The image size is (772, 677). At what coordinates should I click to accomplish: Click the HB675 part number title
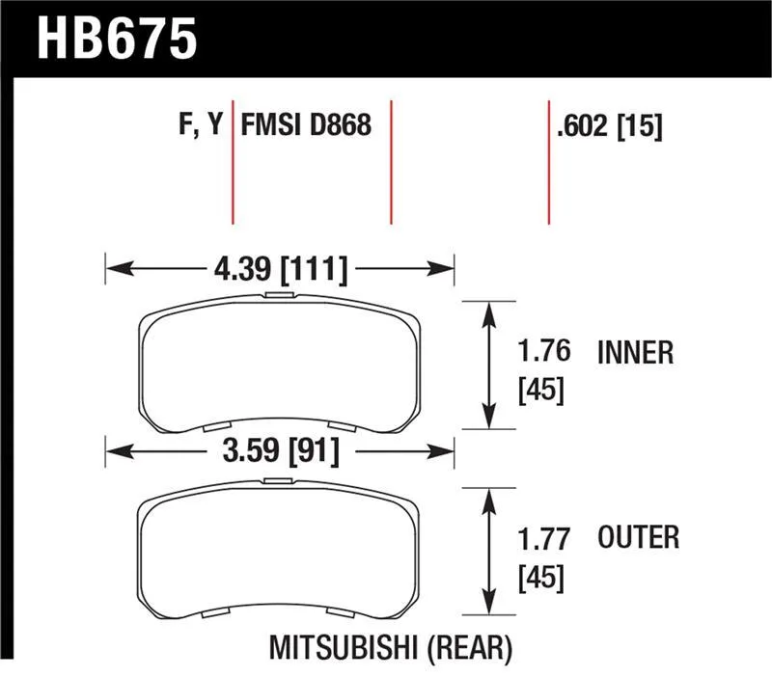(117, 39)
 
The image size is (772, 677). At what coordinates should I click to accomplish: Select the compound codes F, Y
(201, 123)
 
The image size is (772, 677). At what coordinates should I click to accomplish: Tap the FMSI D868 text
(306, 125)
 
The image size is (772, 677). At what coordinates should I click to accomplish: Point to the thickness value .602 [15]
(610, 126)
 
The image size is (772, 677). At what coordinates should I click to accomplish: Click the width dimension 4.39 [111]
(281, 270)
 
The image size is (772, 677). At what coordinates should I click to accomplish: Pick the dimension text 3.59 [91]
(281, 450)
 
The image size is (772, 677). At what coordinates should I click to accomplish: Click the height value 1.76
(543, 351)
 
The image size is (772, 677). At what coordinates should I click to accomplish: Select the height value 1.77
(543, 539)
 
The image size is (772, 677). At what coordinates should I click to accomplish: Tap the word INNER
(635, 353)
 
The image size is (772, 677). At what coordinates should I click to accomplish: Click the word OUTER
(638, 537)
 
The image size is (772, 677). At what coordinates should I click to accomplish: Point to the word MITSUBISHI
(344, 647)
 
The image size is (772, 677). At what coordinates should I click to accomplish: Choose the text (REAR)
(469, 648)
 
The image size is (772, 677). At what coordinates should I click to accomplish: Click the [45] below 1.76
(540, 391)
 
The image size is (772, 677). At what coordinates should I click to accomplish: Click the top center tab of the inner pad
(279, 295)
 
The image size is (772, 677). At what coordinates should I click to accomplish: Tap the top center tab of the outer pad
(278, 480)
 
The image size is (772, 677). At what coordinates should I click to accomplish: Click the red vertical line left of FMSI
(233, 162)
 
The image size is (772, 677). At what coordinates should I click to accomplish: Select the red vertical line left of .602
(549, 162)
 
